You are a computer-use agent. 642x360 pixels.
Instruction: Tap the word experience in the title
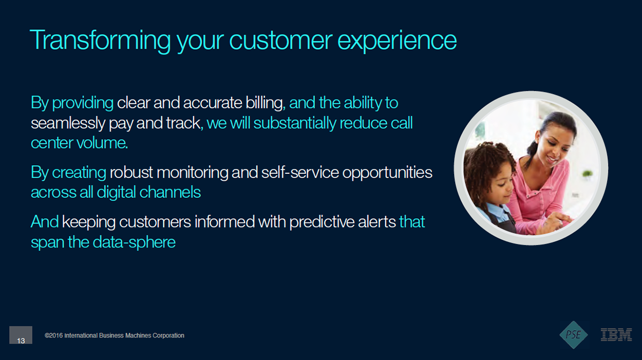(397, 41)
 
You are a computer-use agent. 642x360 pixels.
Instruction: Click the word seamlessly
(68, 123)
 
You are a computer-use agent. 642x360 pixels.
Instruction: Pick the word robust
(132, 173)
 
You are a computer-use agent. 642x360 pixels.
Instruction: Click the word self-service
(300, 173)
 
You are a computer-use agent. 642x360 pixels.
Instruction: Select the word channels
(170, 192)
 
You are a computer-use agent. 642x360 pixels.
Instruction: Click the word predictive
(322, 222)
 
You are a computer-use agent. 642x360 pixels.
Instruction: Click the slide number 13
(21, 341)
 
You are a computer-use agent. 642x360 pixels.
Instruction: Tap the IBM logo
(616, 335)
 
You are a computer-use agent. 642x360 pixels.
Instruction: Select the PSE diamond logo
(574, 335)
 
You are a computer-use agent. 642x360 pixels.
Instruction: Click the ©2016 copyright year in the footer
(53, 335)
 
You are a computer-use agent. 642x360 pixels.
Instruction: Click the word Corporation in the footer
(168, 335)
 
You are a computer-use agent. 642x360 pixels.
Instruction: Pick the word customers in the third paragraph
(155, 222)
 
